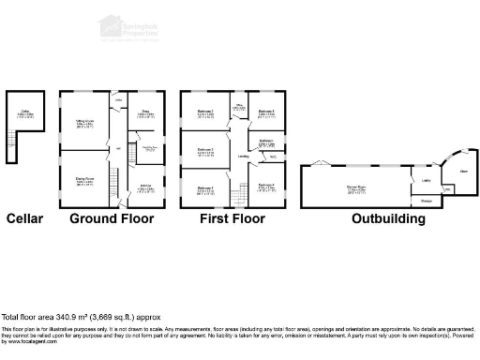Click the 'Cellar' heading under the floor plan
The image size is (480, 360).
pyautogui.click(x=24, y=218)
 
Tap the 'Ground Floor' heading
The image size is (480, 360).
pyautogui.click(x=112, y=218)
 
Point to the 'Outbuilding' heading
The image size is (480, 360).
pyautogui.click(x=388, y=218)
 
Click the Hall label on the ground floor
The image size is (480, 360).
pyautogui.click(x=119, y=150)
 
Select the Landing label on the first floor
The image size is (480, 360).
pyautogui.click(x=243, y=157)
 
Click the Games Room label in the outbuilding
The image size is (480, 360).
pyautogui.click(x=356, y=189)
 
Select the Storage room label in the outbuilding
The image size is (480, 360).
pyautogui.click(x=426, y=201)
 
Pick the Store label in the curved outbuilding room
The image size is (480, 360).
pyautogui.click(x=463, y=172)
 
